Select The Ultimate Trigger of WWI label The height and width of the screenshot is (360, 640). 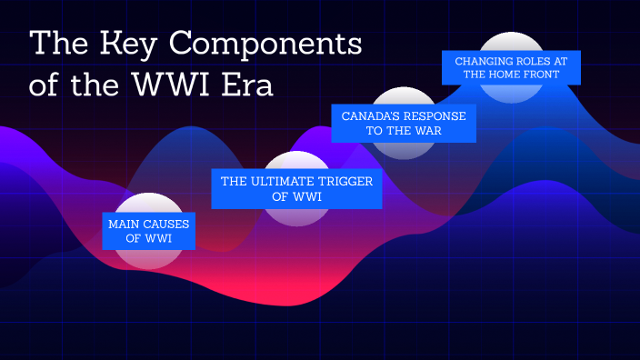coord(297,188)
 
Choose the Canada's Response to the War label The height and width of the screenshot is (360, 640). coord(404,124)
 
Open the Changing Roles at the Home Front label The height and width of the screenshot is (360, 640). coord(511,67)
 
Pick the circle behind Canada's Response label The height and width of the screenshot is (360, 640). coord(405,152)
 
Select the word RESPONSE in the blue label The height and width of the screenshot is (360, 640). coord(436,116)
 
